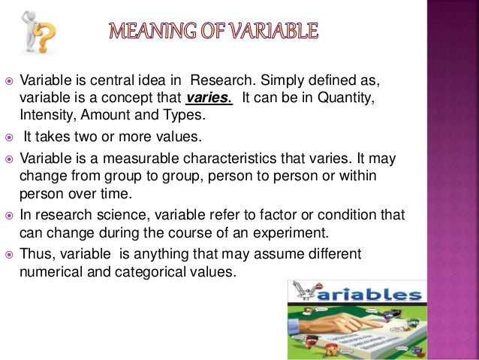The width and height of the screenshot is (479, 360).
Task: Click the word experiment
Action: point(321,232)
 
